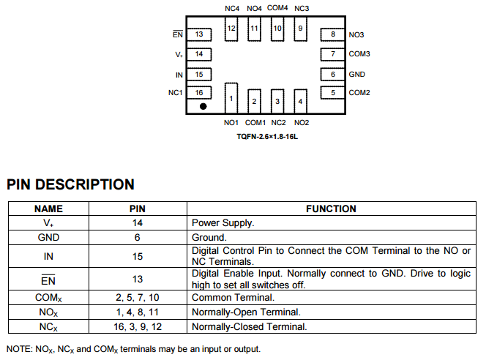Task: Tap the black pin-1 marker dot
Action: click(203, 106)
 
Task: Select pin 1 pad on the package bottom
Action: click(231, 97)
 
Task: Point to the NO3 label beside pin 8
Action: click(356, 34)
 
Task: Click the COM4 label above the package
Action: click(277, 7)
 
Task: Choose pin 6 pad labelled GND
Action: click(333, 74)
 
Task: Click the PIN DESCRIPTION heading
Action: click(70, 184)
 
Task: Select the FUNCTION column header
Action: click(331, 209)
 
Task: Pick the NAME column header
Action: click(48, 209)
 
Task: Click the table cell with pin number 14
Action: click(137, 222)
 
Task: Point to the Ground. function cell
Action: click(209, 237)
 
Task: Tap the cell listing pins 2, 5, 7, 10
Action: click(137, 297)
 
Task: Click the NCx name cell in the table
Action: click(48, 326)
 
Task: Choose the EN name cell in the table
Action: click(48, 279)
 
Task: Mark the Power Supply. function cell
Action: click(223, 222)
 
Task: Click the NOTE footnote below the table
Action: click(133, 349)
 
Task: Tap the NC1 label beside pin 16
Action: click(175, 92)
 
